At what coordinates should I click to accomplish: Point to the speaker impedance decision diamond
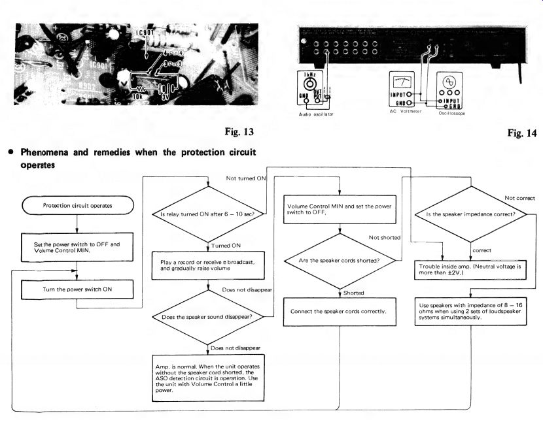click(468, 213)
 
